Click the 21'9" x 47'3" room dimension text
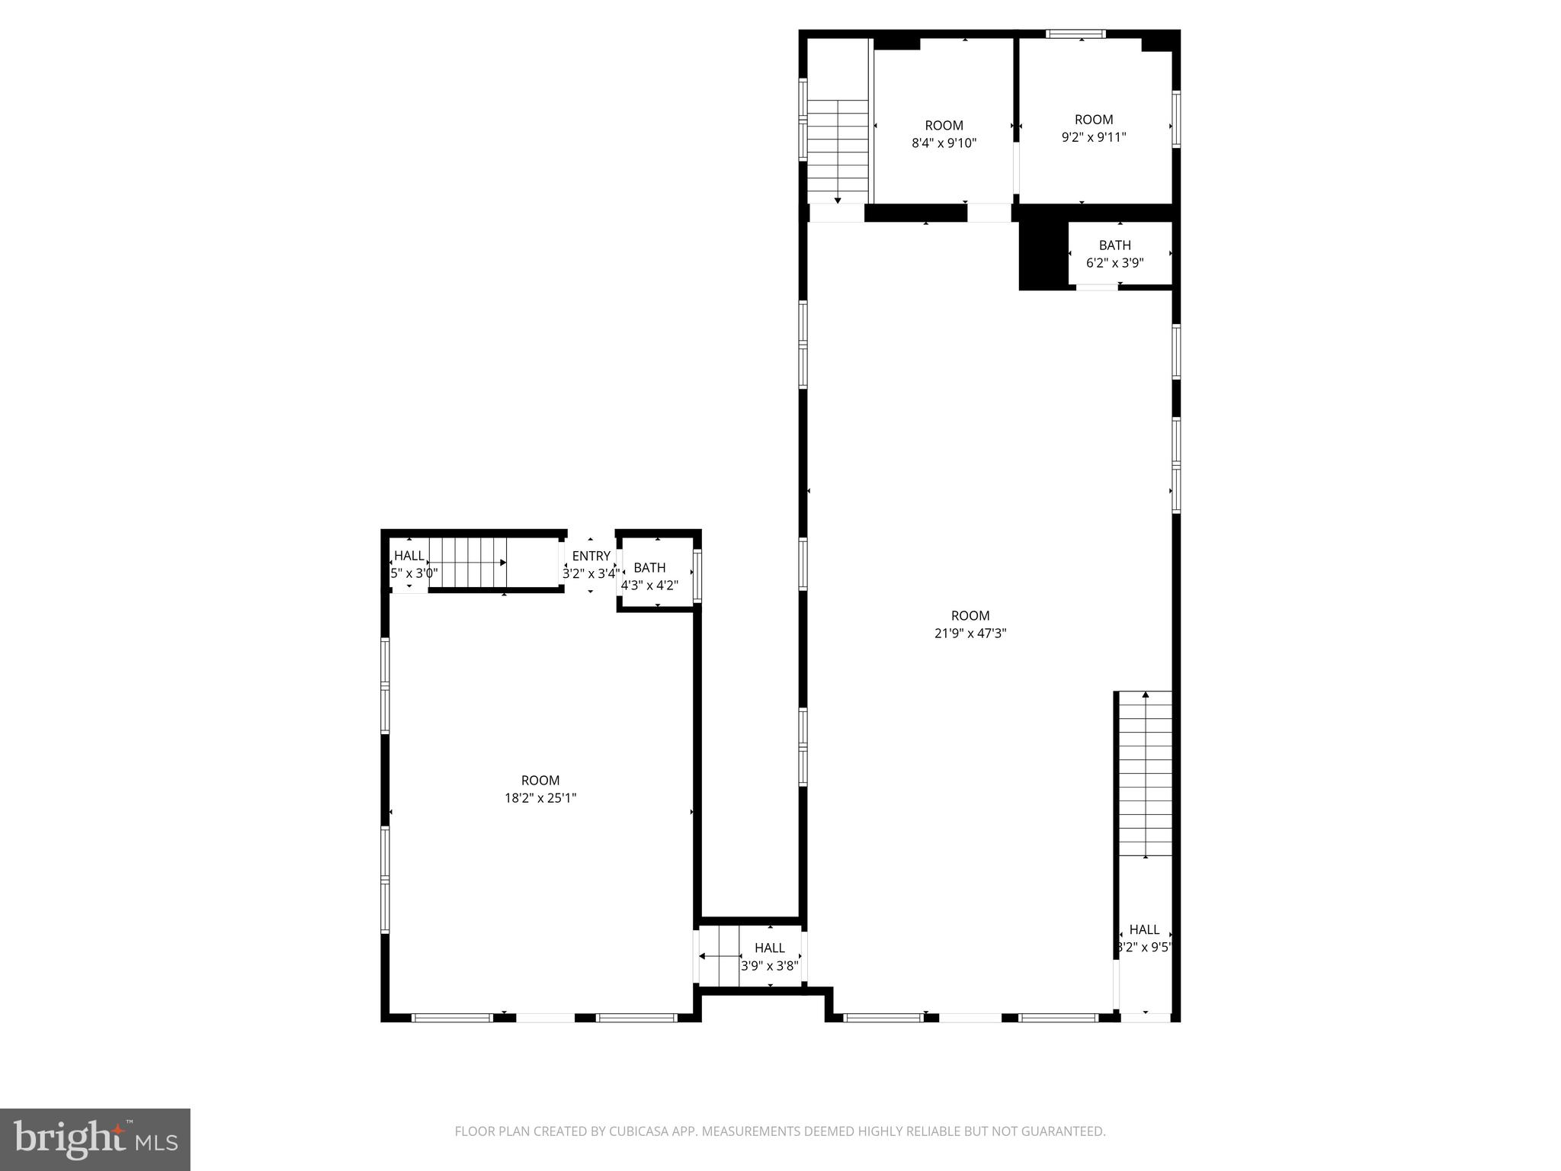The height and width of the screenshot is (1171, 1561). [x=970, y=633]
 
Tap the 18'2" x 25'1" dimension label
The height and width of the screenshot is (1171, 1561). [x=540, y=798]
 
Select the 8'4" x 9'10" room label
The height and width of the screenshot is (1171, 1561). [x=944, y=143]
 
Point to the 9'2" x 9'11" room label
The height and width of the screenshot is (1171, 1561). [x=1094, y=137]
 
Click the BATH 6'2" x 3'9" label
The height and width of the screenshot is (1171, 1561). [x=1114, y=255]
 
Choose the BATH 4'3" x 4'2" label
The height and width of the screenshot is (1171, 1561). [x=649, y=576]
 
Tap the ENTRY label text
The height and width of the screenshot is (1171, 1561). [x=591, y=557]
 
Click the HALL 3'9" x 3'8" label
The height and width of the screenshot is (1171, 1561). [x=770, y=957]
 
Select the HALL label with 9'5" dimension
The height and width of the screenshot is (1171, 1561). [x=1144, y=938]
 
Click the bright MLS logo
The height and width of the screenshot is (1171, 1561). [x=95, y=1139]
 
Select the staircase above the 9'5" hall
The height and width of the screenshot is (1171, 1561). [x=1145, y=773]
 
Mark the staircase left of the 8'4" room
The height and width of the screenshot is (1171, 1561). [x=838, y=148]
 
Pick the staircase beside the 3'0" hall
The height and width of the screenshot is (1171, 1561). [x=467, y=563]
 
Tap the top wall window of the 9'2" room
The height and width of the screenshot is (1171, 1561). [x=1075, y=34]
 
